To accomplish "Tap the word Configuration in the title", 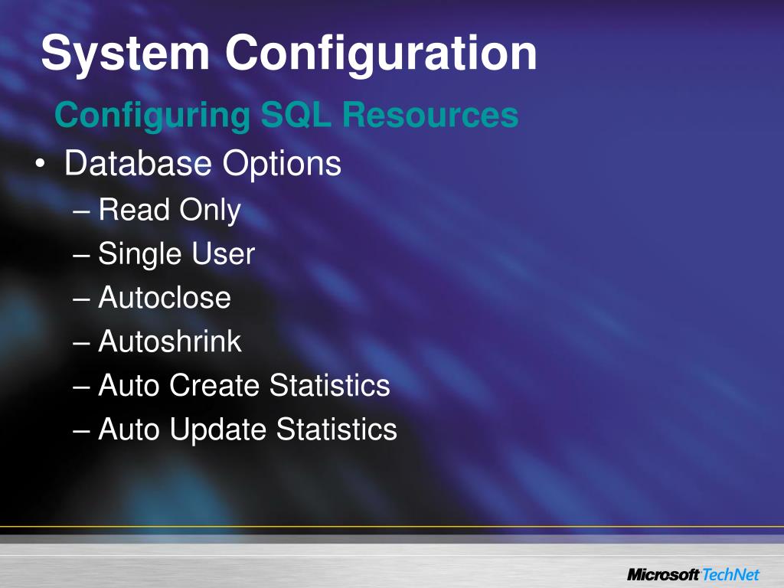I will [381, 54].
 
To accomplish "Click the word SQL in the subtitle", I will [295, 116].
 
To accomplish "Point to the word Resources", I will [430, 116].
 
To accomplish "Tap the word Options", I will [281, 164].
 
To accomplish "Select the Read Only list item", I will [169, 210].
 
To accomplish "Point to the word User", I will [224, 254].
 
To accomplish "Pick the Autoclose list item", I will [165, 297].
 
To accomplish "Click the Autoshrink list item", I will [170, 341].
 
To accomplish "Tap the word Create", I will [215, 385].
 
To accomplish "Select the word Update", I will [219, 430].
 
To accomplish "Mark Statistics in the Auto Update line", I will [336, 430].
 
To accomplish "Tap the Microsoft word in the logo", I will [663, 573].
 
